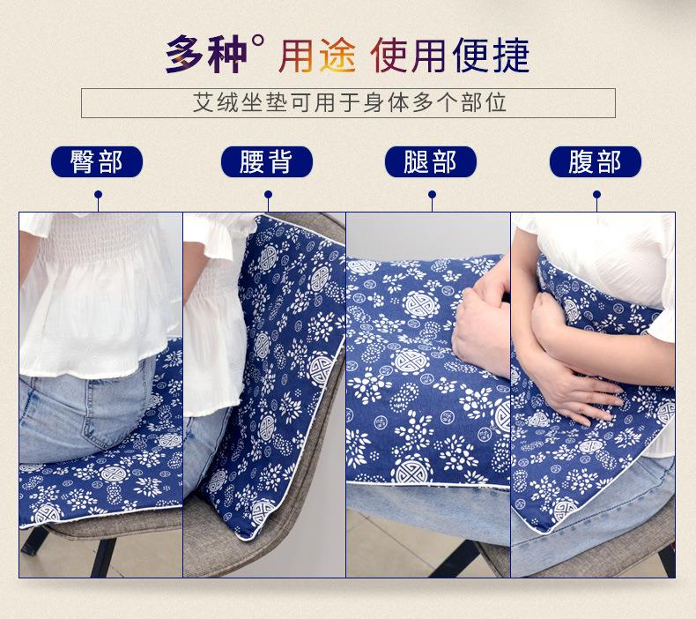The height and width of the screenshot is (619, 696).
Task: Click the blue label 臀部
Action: pyautogui.click(x=97, y=161)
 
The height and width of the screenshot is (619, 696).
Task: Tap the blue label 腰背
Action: pyautogui.click(x=266, y=161)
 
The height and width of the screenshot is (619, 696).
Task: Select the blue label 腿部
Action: pyautogui.click(x=431, y=161)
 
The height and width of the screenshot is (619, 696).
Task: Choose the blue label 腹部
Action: pyautogui.click(x=596, y=161)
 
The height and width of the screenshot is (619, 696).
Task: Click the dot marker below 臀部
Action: pyautogui.click(x=98, y=195)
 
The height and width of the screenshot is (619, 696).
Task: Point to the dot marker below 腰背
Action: pyautogui.click(x=268, y=195)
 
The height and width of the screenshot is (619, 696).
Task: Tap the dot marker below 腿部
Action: pyautogui.click(x=432, y=195)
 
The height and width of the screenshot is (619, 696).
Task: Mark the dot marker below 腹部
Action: pyautogui.click(x=597, y=195)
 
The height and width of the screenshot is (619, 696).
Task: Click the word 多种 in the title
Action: pyautogui.click(x=206, y=55)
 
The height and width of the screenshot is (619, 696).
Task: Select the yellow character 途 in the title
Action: pyautogui.click(x=337, y=55)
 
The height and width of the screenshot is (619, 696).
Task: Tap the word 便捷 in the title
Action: pyautogui.click(x=491, y=55)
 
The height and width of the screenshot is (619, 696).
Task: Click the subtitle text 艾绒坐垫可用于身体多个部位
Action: pyautogui.click(x=349, y=103)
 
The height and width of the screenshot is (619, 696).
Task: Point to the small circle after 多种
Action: pyautogui.click(x=257, y=41)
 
